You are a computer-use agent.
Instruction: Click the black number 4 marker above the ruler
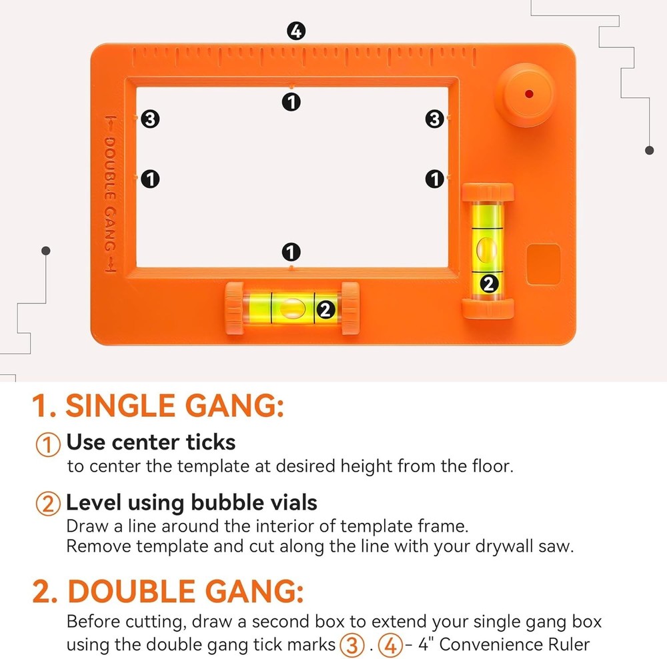[x=295, y=31]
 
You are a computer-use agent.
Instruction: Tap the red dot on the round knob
[x=528, y=94]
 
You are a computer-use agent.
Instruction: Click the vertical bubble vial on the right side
[x=488, y=250]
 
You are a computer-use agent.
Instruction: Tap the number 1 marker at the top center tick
[x=291, y=102]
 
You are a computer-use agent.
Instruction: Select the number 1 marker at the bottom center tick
[x=291, y=252]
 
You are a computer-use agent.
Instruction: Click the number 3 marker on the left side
[x=150, y=119]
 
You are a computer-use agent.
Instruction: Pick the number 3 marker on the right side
[x=435, y=119]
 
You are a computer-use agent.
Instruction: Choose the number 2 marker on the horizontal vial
[x=325, y=309]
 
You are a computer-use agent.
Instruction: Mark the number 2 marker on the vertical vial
[x=489, y=283]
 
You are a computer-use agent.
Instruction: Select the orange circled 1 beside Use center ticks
[x=47, y=444]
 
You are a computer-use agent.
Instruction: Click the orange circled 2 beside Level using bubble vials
[x=47, y=504]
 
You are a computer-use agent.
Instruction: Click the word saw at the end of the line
[x=558, y=546]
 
